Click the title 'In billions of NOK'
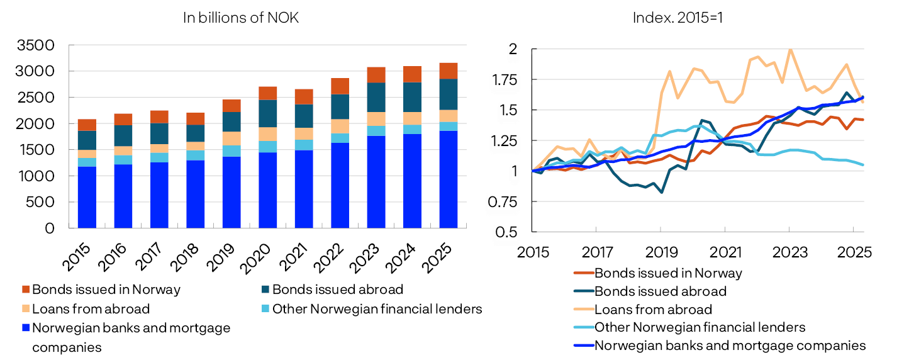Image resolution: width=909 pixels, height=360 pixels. click(240, 18)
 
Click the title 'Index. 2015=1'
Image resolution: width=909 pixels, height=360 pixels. click(678, 18)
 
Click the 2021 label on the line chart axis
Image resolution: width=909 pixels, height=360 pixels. click(725, 252)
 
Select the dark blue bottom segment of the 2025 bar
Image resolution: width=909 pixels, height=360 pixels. click(449, 179)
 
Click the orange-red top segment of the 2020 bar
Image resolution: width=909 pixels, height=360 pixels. click(268, 93)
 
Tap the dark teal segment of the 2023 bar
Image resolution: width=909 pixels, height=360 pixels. click(376, 97)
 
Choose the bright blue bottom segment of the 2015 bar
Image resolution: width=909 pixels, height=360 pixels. click(87, 197)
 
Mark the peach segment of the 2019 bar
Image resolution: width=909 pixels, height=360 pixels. click(231, 138)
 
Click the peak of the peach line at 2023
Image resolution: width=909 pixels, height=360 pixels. click(789, 49)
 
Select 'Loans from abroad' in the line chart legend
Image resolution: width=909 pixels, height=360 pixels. click(653, 310)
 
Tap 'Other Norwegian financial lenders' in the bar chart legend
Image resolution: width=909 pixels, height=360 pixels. click(376, 309)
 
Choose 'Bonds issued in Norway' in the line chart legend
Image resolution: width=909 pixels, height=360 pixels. click(668, 273)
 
